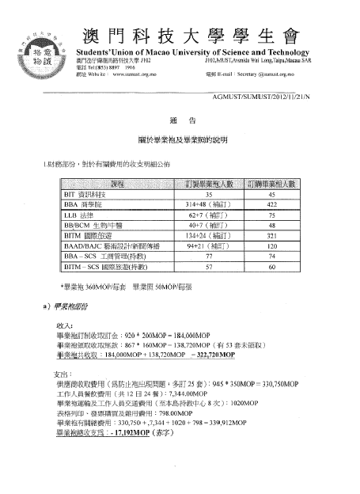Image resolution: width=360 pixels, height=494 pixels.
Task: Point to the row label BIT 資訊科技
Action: click(x=87, y=193)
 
